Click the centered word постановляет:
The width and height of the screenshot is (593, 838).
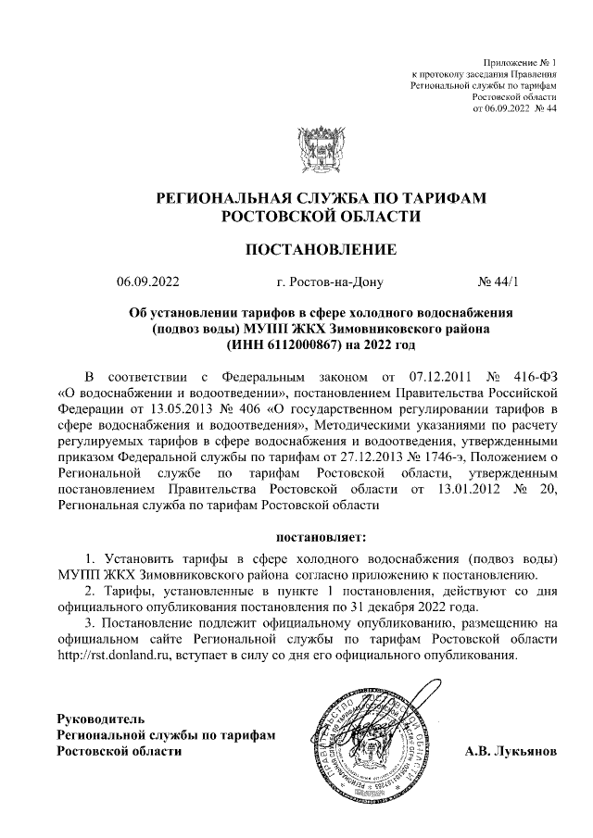[x=322, y=536]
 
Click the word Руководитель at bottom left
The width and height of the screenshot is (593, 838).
[x=101, y=718]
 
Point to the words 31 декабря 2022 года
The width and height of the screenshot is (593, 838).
[x=399, y=607]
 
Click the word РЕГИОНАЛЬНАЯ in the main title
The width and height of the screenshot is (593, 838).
[x=238, y=199]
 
